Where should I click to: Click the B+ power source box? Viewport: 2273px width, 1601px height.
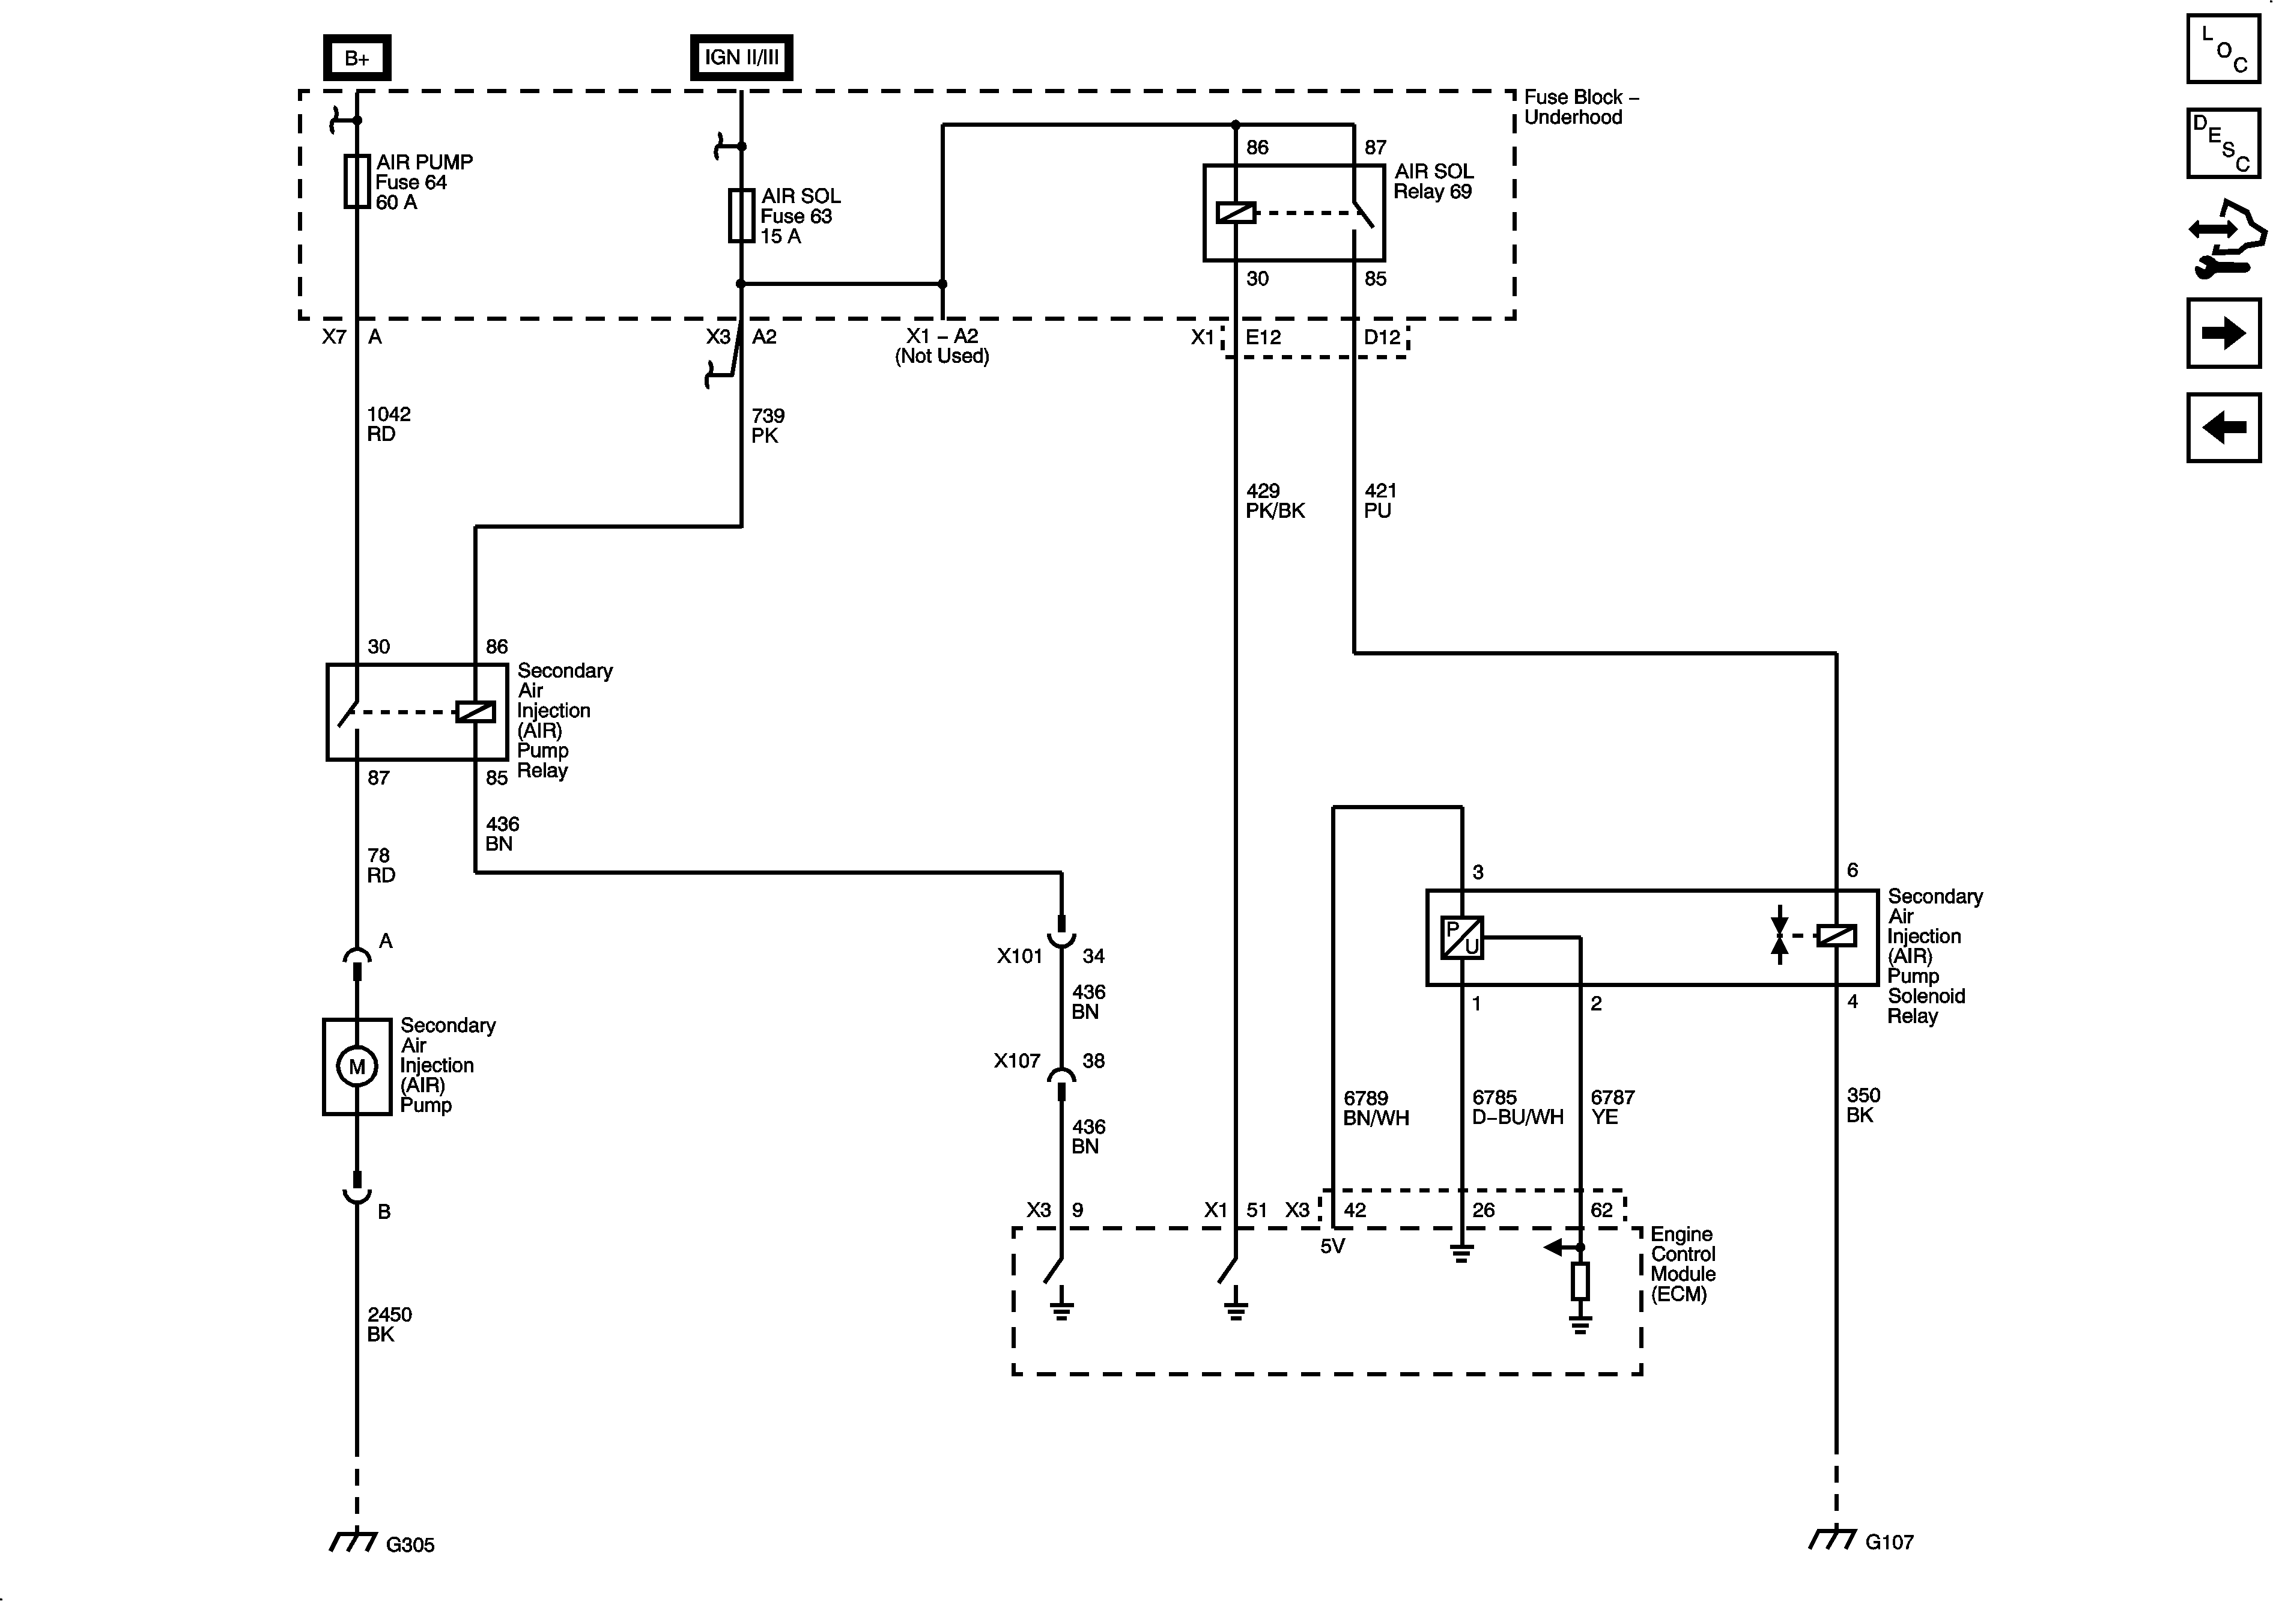[356, 58]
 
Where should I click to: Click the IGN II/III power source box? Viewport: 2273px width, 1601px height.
[741, 58]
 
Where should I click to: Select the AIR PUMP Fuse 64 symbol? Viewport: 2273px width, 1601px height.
[356, 181]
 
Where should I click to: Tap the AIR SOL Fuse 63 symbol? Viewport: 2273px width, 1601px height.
[741, 215]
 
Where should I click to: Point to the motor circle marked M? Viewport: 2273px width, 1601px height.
[356, 1066]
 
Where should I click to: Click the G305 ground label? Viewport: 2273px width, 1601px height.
[410, 1545]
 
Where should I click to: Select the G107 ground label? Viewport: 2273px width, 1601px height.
[1889, 1542]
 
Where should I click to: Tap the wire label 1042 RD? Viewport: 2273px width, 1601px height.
[388, 424]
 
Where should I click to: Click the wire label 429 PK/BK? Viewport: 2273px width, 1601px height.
[1274, 501]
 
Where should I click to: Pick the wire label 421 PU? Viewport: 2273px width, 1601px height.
[1380, 501]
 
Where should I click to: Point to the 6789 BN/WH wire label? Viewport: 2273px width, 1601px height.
[1375, 1108]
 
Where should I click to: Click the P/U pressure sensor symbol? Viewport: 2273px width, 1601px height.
[1461, 937]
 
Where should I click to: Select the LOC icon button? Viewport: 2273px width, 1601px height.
[2223, 49]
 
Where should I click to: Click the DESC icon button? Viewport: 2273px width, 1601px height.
[2223, 144]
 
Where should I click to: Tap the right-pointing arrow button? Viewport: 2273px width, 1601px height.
[2223, 333]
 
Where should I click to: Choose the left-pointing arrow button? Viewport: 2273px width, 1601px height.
[2223, 428]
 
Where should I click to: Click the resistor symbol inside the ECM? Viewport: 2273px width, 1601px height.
[1580, 1281]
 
